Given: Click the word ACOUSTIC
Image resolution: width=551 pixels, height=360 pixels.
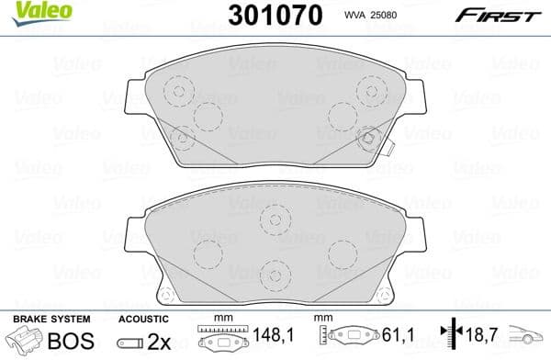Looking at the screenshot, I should pos(141,320).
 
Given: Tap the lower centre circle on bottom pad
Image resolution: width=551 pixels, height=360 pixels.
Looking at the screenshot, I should pos(274,274).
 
